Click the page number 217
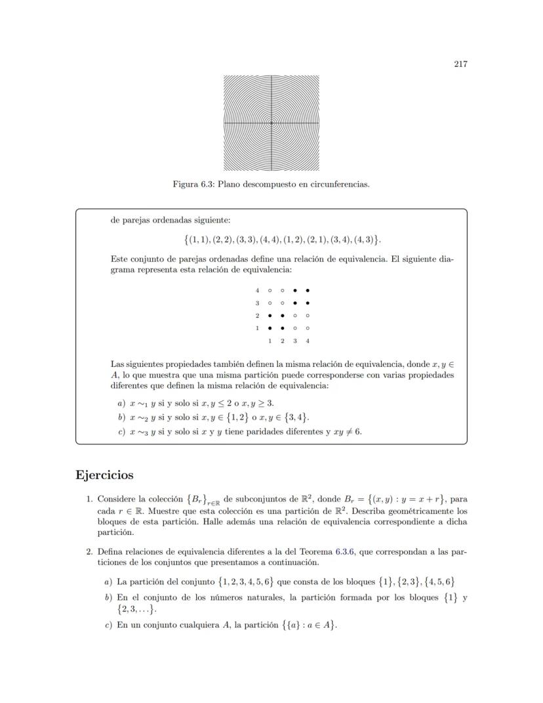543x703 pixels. tap(460, 64)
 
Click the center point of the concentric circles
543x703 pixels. tap(271, 123)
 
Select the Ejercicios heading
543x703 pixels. tap(105, 475)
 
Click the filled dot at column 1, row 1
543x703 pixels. tap(270, 328)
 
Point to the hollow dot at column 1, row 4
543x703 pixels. tap(270, 290)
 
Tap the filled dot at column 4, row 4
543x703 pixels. tap(308, 290)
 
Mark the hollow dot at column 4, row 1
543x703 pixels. tap(308, 328)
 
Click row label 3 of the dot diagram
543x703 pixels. tap(258, 303)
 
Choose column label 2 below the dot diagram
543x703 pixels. tap(282, 341)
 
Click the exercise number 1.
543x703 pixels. tap(89, 500)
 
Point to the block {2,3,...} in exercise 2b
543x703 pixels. tap(136, 609)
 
